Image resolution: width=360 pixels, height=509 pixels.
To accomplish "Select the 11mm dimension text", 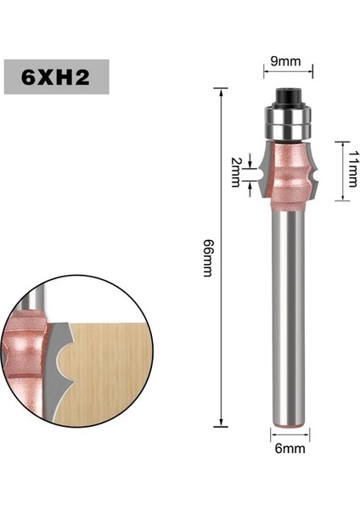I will coord(351,170).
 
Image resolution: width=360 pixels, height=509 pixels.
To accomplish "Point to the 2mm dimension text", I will coord(237,172).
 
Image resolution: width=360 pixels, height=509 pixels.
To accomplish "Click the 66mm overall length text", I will coord(207,256).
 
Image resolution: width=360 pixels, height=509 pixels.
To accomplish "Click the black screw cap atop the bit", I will coord(290,96).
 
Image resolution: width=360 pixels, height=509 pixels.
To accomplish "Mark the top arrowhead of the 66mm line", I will coord(222,90).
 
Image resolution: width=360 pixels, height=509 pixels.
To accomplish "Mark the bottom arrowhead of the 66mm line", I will coord(222,423).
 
